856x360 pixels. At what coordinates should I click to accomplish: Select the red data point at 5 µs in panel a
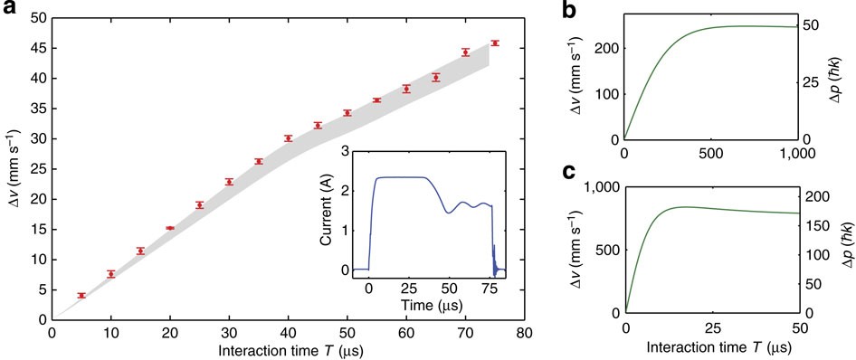[x=81, y=296]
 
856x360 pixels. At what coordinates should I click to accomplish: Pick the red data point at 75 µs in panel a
[x=494, y=43]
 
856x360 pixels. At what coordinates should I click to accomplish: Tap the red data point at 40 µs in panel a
[x=289, y=138]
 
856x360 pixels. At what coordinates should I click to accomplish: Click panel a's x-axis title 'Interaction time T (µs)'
[x=287, y=350]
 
